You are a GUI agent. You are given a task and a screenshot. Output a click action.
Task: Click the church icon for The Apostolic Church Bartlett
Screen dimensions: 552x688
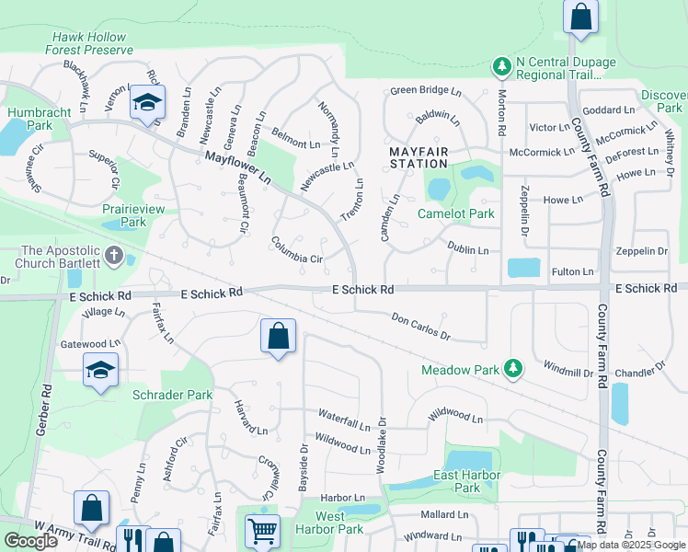[113, 255]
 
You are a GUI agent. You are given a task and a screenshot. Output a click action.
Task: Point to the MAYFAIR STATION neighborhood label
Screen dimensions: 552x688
[419, 157]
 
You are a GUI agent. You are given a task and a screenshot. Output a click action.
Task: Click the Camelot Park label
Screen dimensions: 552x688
[455, 213]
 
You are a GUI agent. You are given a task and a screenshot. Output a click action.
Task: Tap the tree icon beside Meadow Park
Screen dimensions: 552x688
[513, 370]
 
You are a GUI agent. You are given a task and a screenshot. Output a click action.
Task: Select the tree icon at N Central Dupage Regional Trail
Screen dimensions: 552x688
[501, 66]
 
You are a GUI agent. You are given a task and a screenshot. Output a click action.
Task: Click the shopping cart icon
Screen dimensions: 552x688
[262, 531]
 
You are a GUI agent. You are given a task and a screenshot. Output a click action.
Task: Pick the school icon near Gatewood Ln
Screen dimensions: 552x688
[99, 371]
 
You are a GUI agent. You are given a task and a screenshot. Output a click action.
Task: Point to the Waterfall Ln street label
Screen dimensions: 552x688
[344, 416]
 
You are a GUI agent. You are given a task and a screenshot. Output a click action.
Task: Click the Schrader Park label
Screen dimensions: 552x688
[172, 395]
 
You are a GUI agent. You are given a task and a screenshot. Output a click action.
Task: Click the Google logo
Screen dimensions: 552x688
[30, 541]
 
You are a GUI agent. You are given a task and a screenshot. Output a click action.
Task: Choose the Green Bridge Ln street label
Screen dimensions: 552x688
[425, 91]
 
